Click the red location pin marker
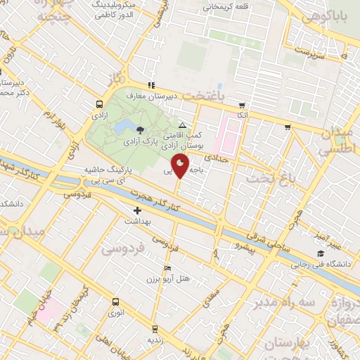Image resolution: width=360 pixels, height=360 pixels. [x=181, y=167]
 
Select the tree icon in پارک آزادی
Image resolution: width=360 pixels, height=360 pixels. [x=140, y=129]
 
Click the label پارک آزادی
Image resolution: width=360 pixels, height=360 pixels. [x=147, y=141]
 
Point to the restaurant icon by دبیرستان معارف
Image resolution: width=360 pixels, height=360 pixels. [x=151, y=85]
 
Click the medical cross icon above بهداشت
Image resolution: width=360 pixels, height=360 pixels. [x=138, y=210]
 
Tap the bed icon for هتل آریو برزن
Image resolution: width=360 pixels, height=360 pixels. [x=167, y=269]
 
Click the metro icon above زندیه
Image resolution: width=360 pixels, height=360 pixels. [x=155, y=328]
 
